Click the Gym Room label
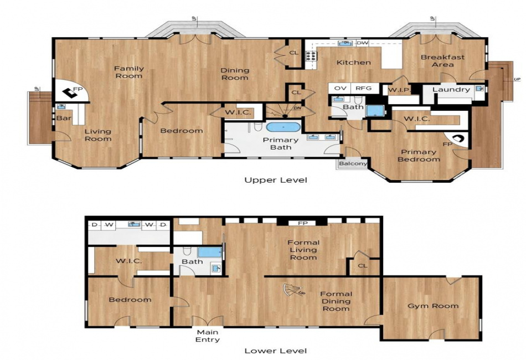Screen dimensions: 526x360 point(433,306)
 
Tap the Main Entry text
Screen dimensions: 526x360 point(208,336)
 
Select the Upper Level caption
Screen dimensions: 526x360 point(276,180)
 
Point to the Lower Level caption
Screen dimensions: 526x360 point(276,351)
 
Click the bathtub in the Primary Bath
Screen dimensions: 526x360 point(283,127)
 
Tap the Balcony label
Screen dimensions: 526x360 point(353,164)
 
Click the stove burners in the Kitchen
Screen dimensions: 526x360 point(311,56)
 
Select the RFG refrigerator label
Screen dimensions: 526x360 point(364,88)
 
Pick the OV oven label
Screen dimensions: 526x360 point(341,88)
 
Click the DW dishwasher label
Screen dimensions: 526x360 point(362,43)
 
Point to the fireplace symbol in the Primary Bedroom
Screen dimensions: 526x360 point(457,138)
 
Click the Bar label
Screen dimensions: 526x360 point(64,118)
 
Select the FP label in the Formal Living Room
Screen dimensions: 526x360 point(302,223)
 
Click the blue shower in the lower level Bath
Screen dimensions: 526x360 point(210,252)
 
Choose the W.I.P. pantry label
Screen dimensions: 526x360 point(399,90)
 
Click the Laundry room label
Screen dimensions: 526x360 point(451,90)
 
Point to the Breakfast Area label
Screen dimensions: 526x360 point(443,61)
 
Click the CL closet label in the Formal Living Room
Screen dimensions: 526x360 point(363,266)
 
